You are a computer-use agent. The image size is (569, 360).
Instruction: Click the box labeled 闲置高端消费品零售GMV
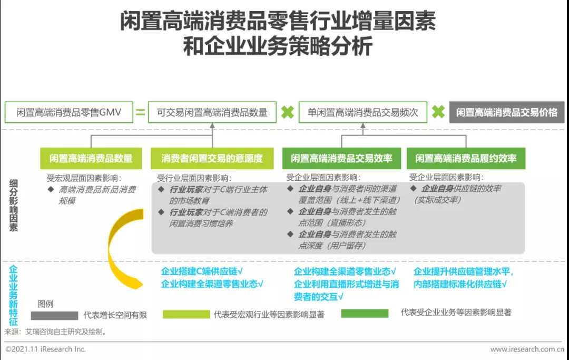pyautogui.click(x=68, y=112)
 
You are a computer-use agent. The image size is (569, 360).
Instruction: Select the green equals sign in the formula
pyautogui.click(x=140, y=112)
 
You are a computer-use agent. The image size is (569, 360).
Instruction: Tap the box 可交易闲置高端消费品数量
pyautogui.click(x=212, y=112)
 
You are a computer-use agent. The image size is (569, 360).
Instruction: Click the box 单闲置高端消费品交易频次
pyautogui.click(x=363, y=112)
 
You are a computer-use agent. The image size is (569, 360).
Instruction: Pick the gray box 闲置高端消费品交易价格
pyautogui.click(x=506, y=112)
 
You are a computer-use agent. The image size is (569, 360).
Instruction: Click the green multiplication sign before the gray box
pyautogui.click(x=438, y=112)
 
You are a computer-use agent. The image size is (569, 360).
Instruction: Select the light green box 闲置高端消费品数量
pyautogui.click(x=91, y=158)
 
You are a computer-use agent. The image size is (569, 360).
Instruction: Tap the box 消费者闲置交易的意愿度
pyautogui.click(x=212, y=158)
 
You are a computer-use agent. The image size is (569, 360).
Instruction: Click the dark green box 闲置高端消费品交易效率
pyautogui.click(x=341, y=158)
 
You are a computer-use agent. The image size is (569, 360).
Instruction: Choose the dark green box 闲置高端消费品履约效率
pyautogui.click(x=466, y=158)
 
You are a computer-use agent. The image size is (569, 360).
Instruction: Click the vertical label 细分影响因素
pyautogui.click(x=14, y=205)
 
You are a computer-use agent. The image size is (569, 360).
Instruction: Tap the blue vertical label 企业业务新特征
pyautogui.click(x=14, y=295)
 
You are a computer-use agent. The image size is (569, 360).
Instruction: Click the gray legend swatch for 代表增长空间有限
pyautogui.click(x=54, y=315)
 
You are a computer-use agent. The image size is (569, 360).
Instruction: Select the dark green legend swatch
pyautogui.click(x=365, y=314)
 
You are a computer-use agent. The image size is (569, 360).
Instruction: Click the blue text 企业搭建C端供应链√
pyautogui.click(x=201, y=271)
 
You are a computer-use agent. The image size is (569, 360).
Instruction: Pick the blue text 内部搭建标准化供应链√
pyautogui.click(x=460, y=284)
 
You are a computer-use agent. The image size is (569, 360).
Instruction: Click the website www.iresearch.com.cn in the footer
pyautogui.click(x=527, y=349)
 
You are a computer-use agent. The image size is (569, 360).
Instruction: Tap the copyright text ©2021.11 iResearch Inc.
pyautogui.click(x=45, y=349)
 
